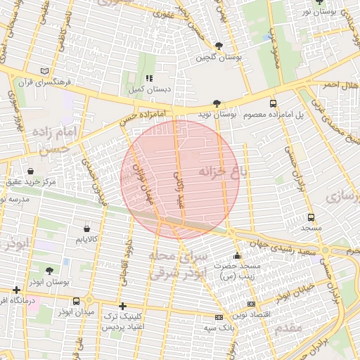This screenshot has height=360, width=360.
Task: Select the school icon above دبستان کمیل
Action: (x=148, y=79)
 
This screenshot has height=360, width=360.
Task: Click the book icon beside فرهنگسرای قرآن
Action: (x=46, y=71)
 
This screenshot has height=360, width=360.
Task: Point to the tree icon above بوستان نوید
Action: (x=217, y=103)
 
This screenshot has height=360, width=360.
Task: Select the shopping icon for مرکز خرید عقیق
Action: (x=30, y=171)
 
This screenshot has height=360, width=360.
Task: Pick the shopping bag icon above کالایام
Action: (x=86, y=229)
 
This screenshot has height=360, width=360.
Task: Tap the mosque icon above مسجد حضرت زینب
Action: (x=238, y=255)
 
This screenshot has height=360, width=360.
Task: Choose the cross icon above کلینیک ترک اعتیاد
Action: (x=123, y=306)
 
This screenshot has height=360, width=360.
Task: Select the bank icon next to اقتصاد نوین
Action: (x=252, y=304)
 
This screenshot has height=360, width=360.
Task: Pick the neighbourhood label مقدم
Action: (x=288, y=328)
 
